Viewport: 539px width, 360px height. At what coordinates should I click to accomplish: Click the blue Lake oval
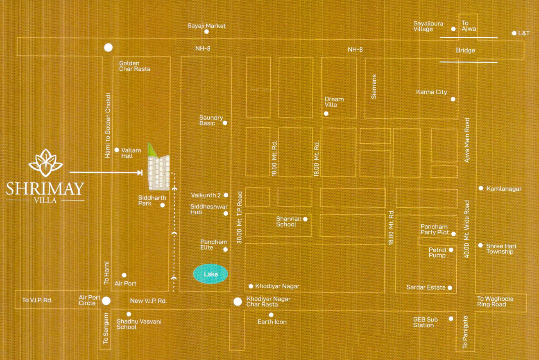[211, 274]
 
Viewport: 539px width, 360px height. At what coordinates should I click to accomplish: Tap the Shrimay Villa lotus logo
[45, 161]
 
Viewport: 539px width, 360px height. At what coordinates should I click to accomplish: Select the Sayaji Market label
[206, 26]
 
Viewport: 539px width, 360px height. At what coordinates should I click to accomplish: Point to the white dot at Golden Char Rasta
[108, 48]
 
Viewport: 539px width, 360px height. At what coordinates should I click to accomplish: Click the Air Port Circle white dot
[106, 301]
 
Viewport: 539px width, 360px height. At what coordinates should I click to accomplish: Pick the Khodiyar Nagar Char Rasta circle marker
[237, 302]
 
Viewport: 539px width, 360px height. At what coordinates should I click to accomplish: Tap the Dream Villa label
[334, 102]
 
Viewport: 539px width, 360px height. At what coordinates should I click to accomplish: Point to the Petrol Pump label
[437, 252]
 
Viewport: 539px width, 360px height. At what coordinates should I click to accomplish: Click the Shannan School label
[288, 222]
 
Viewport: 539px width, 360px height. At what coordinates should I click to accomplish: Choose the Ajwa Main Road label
[467, 140]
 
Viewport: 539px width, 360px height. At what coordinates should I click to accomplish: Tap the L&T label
[524, 33]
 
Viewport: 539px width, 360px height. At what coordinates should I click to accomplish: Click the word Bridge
[465, 50]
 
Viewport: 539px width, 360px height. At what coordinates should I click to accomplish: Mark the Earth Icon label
[272, 322]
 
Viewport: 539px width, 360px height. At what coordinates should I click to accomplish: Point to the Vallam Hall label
[131, 153]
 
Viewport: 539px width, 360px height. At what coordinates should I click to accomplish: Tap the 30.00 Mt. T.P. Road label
[240, 217]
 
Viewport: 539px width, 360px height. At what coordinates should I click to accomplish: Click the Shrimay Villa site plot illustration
[159, 170]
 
